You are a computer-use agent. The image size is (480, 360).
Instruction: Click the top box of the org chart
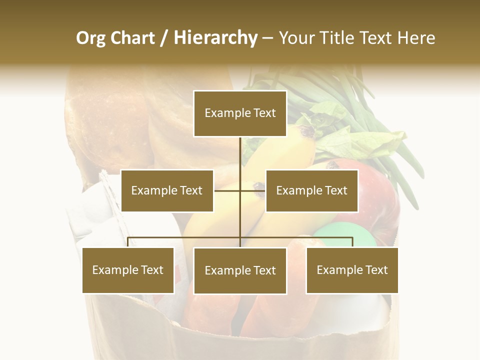[x=240, y=113]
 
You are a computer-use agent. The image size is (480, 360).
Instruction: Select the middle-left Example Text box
[x=167, y=190]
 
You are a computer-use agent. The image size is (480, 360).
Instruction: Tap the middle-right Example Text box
[x=311, y=190]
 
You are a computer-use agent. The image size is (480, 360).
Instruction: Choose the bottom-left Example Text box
[x=128, y=270]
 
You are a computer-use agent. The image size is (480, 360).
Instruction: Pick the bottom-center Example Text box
[x=240, y=270]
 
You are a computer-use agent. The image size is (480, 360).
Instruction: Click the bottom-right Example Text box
[x=352, y=270]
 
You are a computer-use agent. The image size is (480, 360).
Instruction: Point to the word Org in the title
[x=90, y=38]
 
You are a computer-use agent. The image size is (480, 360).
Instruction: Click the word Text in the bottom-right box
[x=376, y=270]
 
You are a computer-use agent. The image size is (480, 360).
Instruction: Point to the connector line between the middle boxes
[x=240, y=190]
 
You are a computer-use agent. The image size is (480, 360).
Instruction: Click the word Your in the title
[x=295, y=38]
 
